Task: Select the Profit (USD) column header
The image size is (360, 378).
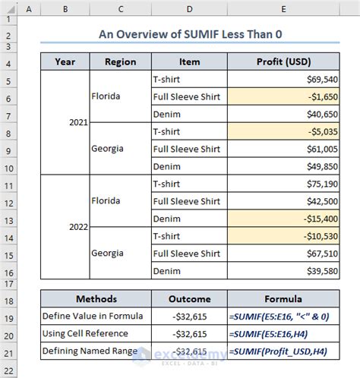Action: (283, 62)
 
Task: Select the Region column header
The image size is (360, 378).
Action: (120, 62)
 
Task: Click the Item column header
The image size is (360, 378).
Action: (189, 62)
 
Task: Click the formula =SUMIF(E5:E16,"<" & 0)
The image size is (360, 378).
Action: (284, 317)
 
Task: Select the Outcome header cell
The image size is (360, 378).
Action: (189, 299)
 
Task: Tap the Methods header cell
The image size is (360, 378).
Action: (94, 299)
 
